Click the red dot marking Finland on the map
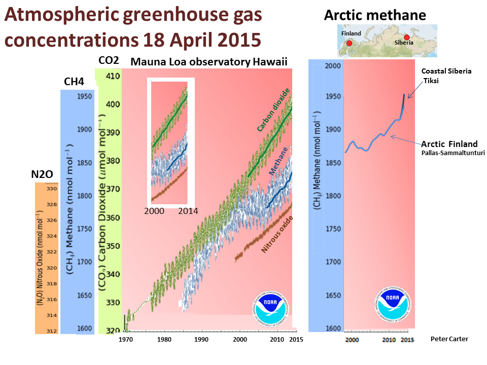[x=350, y=44]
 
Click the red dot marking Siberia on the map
[x=407, y=37]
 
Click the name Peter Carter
[x=449, y=339]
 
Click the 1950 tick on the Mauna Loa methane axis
[x=84, y=96]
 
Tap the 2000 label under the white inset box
[x=154, y=211]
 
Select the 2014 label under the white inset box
[x=188, y=211]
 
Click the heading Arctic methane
[x=375, y=16]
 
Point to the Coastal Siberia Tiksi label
[x=446, y=76]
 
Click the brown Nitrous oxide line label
[x=277, y=235]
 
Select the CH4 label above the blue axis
[x=74, y=82]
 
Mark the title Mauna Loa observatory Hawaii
[x=209, y=62]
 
